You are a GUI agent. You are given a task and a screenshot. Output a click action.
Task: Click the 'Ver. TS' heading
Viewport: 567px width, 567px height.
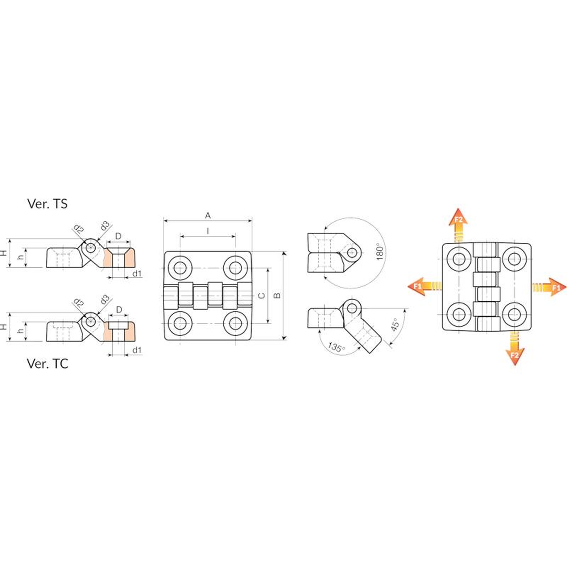(x=47, y=204)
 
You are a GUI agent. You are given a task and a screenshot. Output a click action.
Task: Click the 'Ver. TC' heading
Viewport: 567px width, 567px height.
(x=47, y=364)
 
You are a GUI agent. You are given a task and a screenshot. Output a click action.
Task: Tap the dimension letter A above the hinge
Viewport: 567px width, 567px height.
(x=208, y=215)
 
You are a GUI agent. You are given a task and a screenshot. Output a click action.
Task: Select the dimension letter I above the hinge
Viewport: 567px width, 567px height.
(x=208, y=231)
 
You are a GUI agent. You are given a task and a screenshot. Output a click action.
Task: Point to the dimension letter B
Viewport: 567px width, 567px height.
(x=277, y=296)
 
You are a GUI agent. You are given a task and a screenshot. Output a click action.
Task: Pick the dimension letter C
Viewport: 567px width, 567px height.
(x=262, y=296)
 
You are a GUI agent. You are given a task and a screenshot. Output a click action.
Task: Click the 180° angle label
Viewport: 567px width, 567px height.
(x=380, y=252)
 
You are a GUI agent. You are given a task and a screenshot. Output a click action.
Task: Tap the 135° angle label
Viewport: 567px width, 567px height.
(x=336, y=347)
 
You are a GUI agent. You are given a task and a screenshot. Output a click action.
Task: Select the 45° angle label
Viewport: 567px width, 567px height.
(x=395, y=324)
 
